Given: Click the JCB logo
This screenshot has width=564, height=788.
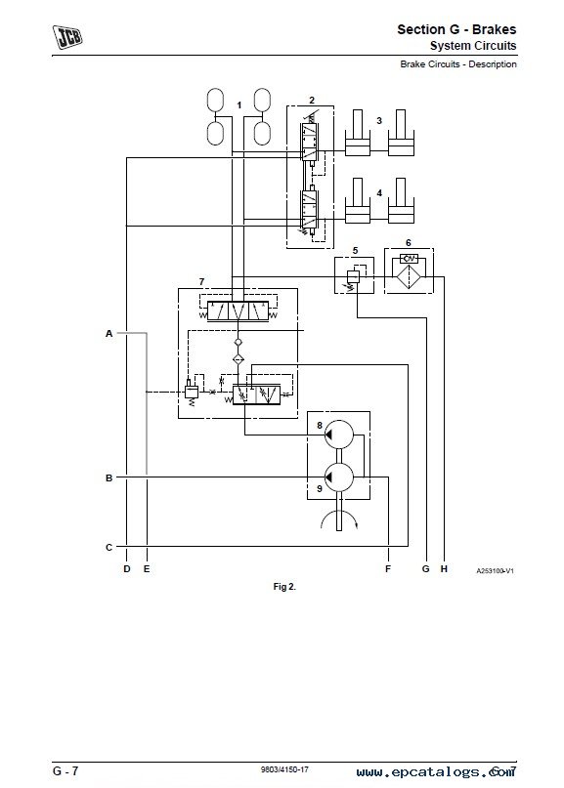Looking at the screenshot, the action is [66, 37].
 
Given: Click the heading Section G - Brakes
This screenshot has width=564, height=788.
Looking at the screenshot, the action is [456, 29].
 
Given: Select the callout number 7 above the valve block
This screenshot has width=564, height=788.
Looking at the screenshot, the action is [201, 281].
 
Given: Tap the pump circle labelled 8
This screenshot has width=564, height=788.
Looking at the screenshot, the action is [339, 435].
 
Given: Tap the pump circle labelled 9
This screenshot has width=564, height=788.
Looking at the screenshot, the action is [339, 477].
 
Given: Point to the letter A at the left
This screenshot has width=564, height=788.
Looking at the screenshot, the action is [108, 333].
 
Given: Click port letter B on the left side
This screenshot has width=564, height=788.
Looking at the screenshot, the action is [108, 477].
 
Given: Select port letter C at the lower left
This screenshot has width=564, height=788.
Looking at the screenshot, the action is [108, 547].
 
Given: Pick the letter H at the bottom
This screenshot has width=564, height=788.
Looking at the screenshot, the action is [444, 569].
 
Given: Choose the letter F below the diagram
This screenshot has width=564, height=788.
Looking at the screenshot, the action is [388, 569].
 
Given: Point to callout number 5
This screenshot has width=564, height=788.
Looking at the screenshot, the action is [355, 250].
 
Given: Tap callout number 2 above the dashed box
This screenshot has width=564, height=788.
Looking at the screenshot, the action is [312, 100].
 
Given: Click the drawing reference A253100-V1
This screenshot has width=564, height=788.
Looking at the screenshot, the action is [495, 571].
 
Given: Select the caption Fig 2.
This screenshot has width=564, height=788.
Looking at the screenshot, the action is [284, 587].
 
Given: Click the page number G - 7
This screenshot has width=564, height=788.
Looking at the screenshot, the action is [65, 770].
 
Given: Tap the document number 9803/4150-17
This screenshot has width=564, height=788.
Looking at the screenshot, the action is [284, 769].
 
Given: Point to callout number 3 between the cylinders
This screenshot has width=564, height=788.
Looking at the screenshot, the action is [379, 121].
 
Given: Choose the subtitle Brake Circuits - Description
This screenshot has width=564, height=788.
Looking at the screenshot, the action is [458, 64].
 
